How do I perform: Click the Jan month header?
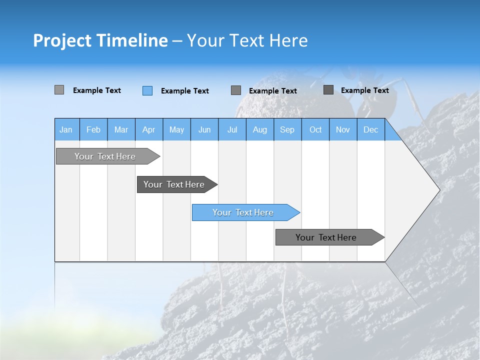pos(66,129)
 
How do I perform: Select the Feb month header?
pos(93,129)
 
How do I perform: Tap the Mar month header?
pos(121,129)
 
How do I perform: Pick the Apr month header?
pos(148,129)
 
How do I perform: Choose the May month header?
pos(176,129)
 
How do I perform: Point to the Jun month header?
pos(204,129)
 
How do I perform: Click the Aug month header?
pos(259,129)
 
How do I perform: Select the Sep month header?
pos(287,129)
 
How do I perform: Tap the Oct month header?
pos(315,129)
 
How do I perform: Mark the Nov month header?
pos(343,129)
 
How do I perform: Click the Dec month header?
pos(370,129)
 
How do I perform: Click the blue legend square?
pos(147,90)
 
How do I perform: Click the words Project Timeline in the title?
pos(100,40)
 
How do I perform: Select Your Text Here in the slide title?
pos(247,40)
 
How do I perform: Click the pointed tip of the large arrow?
pos(438,190)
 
